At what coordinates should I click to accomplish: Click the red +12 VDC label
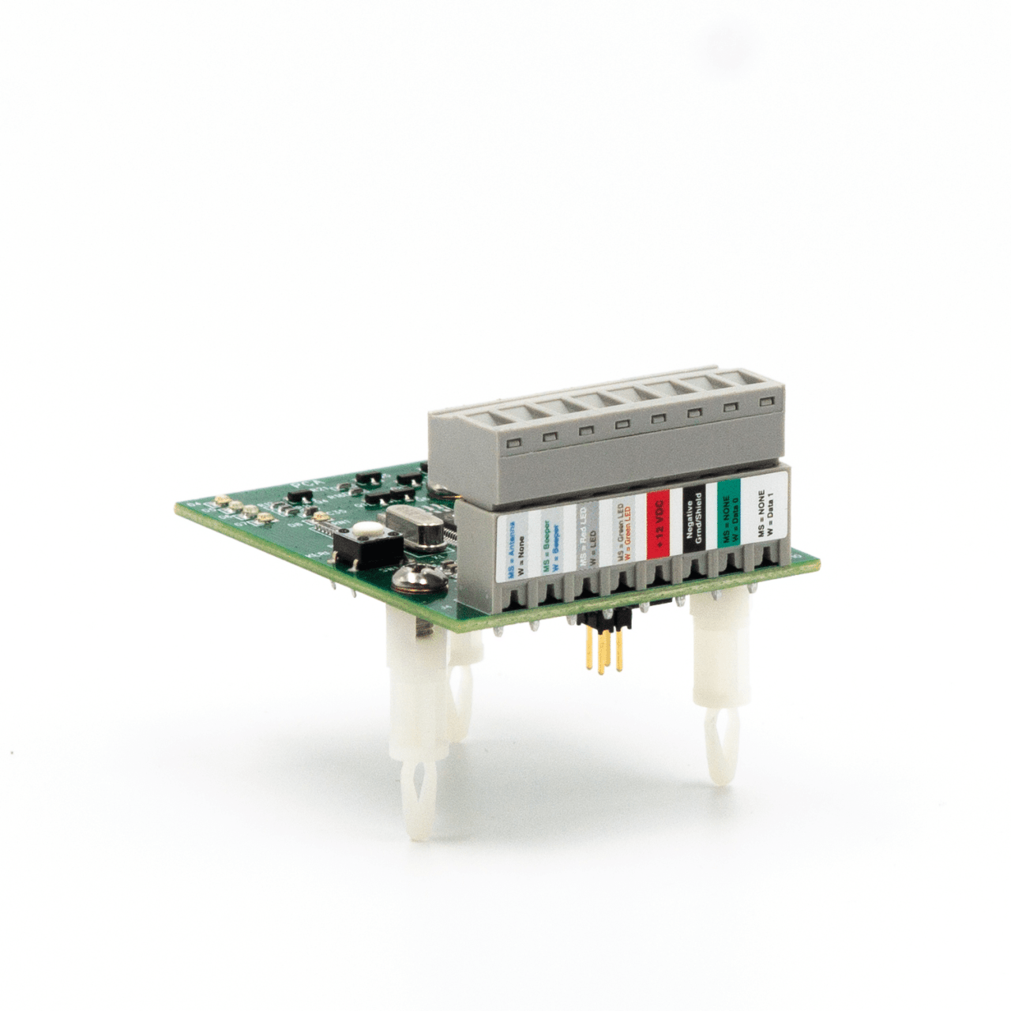(x=658, y=524)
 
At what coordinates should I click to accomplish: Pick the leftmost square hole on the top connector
(x=514, y=442)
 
